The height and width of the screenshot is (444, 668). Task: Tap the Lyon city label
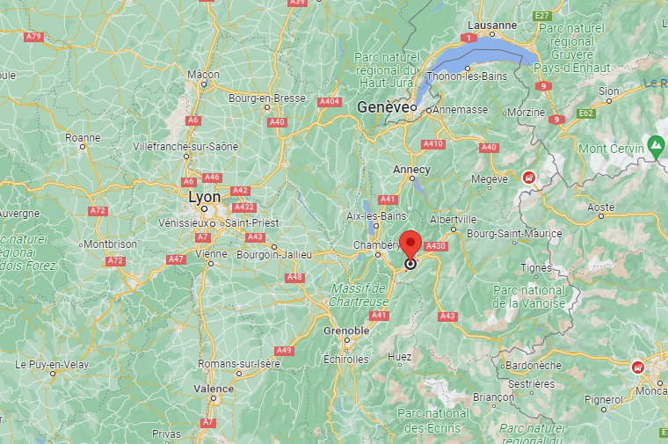[x=205, y=197]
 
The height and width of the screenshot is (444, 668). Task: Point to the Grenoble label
[x=346, y=330]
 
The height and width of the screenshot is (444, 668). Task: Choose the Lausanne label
[x=492, y=25]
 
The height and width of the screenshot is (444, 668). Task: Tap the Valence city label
[x=214, y=388]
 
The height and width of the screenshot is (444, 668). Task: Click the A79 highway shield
[x=34, y=36]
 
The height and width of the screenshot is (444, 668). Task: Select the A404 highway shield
[x=330, y=101]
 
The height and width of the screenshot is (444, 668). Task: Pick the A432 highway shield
[x=243, y=207]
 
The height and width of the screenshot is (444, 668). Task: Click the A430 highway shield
[x=437, y=246]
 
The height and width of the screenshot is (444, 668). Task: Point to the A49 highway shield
[x=283, y=351]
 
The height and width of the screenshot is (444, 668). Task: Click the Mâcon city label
[x=203, y=75]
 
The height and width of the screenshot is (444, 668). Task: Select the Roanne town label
[x=83, y=137]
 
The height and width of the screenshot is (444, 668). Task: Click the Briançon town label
[x=493, y=397]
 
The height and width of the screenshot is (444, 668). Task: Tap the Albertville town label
[x=453, y=219]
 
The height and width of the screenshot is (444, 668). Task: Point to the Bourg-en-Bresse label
[x=267, y=98]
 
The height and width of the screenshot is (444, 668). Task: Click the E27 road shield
[x=541, y=16]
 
